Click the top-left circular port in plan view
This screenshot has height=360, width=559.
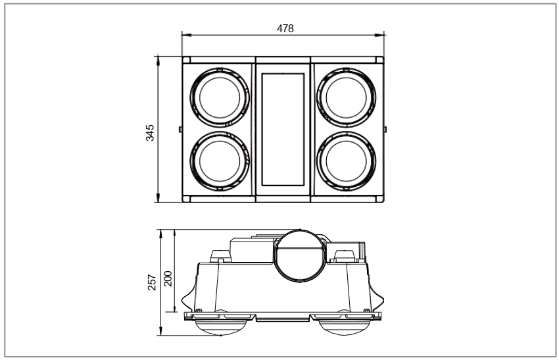[219, 96]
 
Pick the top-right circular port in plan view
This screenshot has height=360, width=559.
[347, 96]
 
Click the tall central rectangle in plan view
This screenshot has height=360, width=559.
[283, 128]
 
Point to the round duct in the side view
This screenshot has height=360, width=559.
[300, 253]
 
